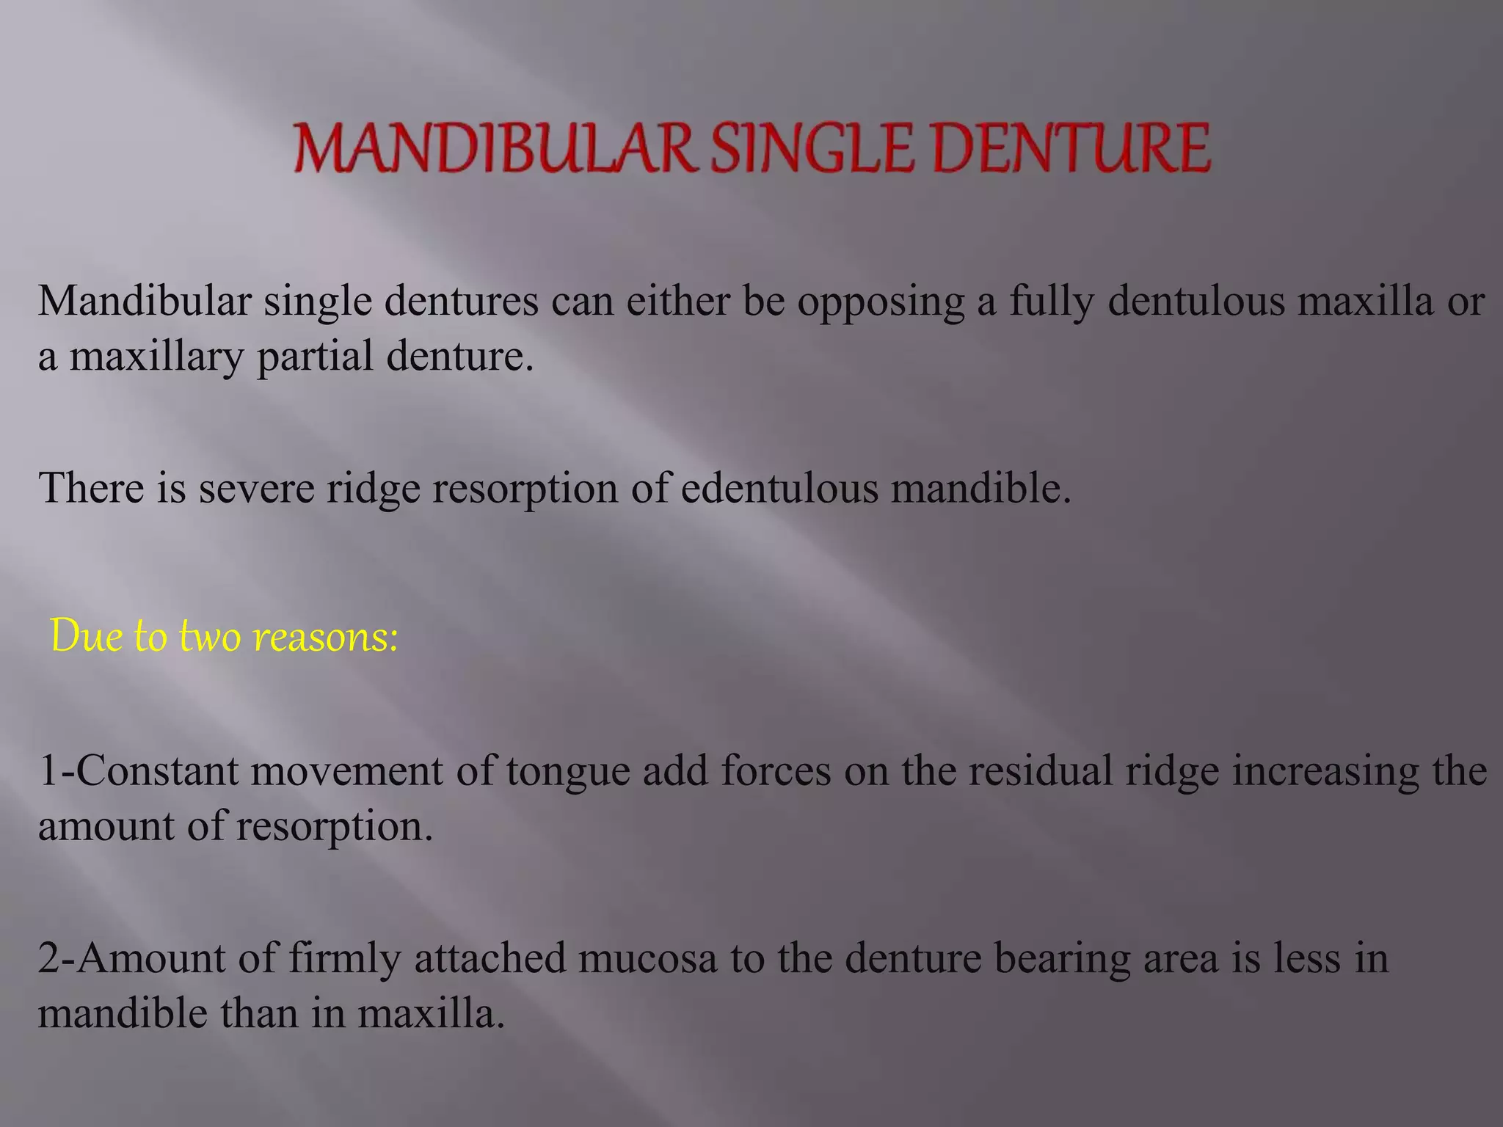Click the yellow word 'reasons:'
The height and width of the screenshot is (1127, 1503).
(x=325, y=635)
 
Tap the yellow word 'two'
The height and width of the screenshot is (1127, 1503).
(x=210, y=635)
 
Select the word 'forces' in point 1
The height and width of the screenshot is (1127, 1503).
(x=776, y=771)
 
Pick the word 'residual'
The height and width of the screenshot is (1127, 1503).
(x=1041, y=771)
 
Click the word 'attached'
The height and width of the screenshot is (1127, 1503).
(x=490, y=958)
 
